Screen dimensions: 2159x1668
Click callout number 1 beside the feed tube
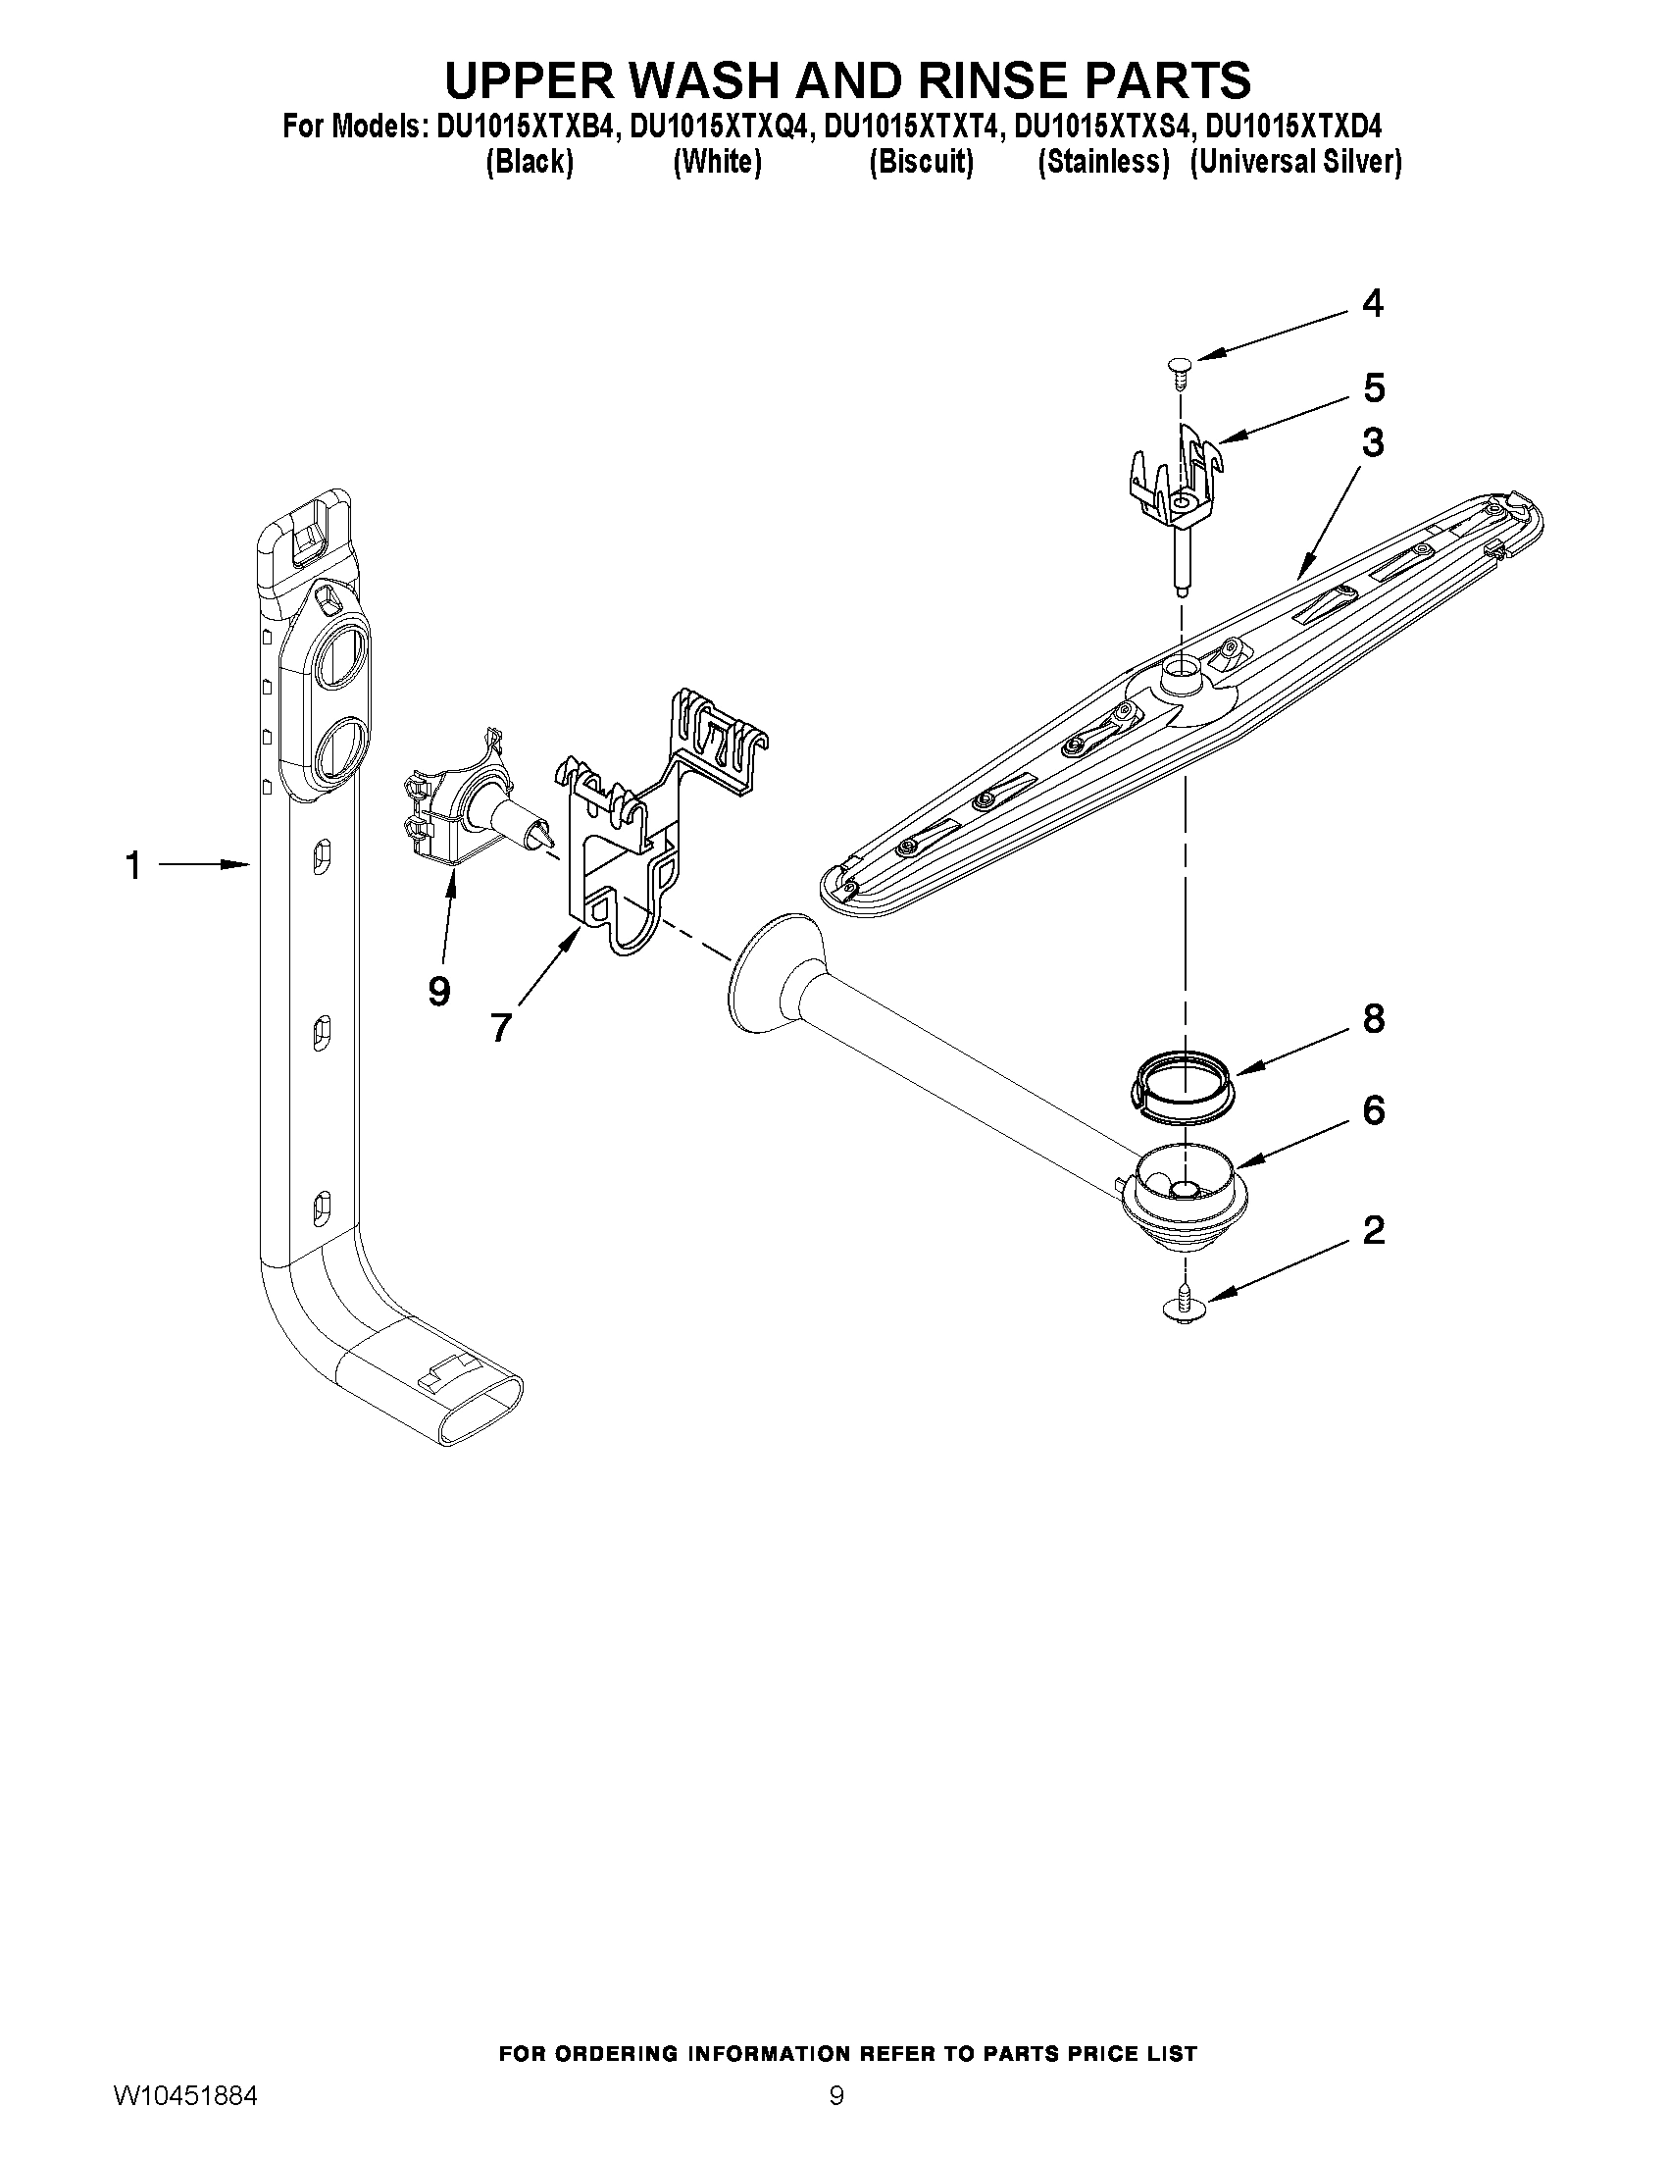[x=132, y=867]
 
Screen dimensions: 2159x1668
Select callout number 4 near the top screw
[x=1372, y=303]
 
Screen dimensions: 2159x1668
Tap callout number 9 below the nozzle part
[x=439, y=990]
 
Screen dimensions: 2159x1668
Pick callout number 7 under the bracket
[x=501, y=1029]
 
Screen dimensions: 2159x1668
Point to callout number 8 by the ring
[x=1374, y=1018]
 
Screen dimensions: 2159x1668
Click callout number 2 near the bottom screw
[x=1373, y=1231]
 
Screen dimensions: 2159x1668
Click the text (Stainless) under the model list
[x=1103, y=162]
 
